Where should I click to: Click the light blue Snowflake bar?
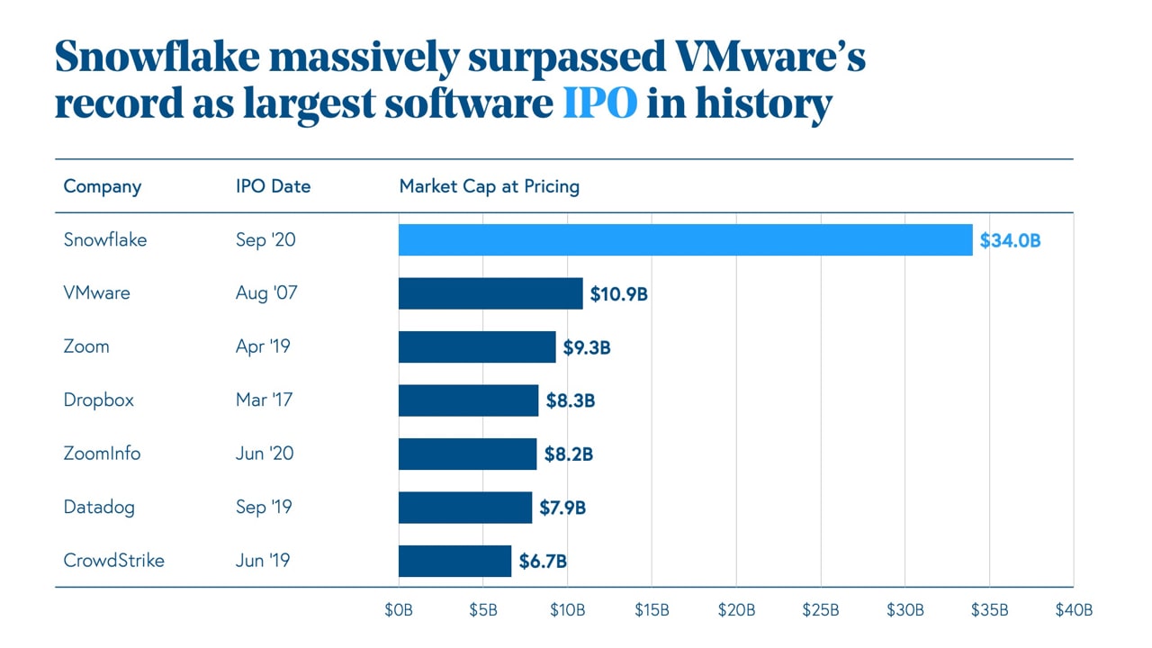pyautogui.click(x=685, y=240)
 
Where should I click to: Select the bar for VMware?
pyautogui.click(x=490, y=293)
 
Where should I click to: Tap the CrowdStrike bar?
pyautogui.click(x=454, y=561)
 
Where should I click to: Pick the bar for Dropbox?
pyautogui.click(x=468, y=400)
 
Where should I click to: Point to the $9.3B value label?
pyautogui.click(x=587, y=347)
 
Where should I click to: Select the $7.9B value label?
pyautogui.click(x=562, y=508)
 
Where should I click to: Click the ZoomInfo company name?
pyautogui.click(x=102, y=454)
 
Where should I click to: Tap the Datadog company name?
pyautogui.click(x=99, y=508)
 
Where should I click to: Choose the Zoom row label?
pyautogui.click(x=86, y=346)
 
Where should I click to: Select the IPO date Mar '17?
pyautogui.click(x=264, y=400)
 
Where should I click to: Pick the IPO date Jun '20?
pyautogui.click(x=265, y=454)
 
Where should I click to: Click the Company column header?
pyautogui.click(x=102, y=186)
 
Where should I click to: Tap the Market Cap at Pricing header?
pyautogui.click(x=489, y=186)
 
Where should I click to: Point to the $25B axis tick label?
pyautogui.click(x=821, y=610)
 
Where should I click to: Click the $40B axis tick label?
pyautogui.click(x=1074, y=610)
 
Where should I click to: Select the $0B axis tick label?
pyautogui.click(x=398, y=610)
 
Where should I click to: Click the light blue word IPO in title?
pyautogui.click(x=599, y=104)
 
